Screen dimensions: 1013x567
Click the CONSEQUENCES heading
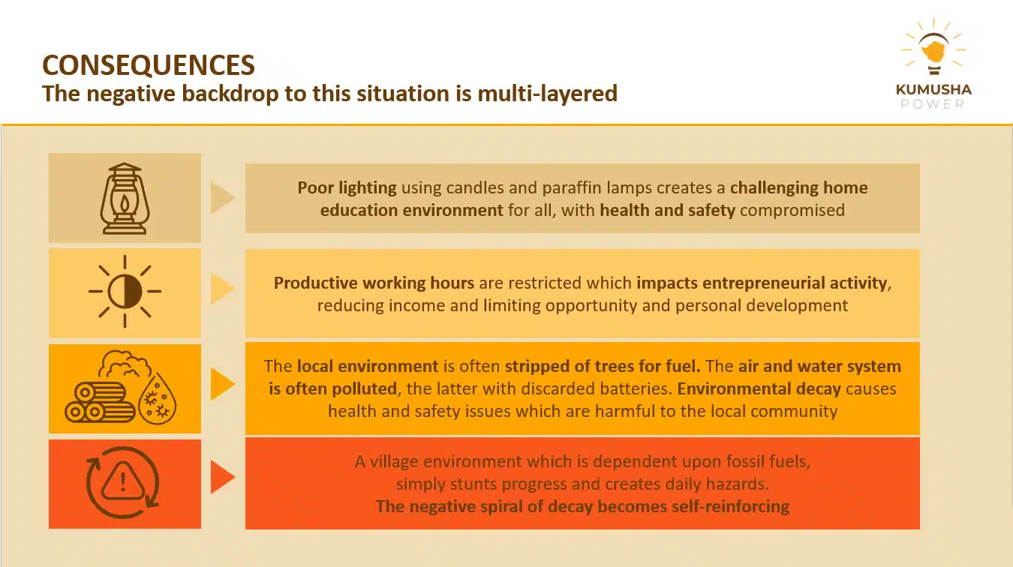tap(149, 64)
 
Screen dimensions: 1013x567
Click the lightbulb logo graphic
tap(933, 47)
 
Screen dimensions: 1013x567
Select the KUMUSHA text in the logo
tap(933, 89)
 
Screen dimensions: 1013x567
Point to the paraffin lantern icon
tap(125, 198)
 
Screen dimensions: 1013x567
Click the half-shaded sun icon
tap(125, 291)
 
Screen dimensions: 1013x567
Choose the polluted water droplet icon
tap(158, 399)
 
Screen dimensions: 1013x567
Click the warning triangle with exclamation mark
tap(122, 481)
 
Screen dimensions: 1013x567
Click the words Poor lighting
tap(347, 187)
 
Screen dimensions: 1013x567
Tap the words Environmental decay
tap(759, 388)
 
